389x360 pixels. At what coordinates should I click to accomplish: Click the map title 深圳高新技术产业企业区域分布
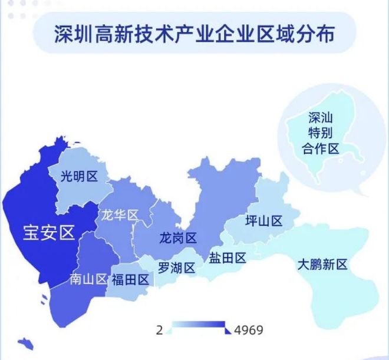tap(194, 34)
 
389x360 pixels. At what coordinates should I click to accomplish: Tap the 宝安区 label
tap(49, 232)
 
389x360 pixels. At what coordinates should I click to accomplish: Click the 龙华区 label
tap(120, 214)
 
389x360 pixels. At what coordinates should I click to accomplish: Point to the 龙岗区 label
tap(178, 239)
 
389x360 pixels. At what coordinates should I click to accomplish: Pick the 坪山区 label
tap(263, 221)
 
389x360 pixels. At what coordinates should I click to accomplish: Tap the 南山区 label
tap(88, 279)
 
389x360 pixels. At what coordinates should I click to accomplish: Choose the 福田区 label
tap(130, 279)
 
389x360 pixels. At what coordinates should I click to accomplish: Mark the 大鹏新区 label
tap(322, 264)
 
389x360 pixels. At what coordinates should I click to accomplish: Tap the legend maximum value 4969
tap(248, 329)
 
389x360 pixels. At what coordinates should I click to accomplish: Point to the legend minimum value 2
tap(159, 329)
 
